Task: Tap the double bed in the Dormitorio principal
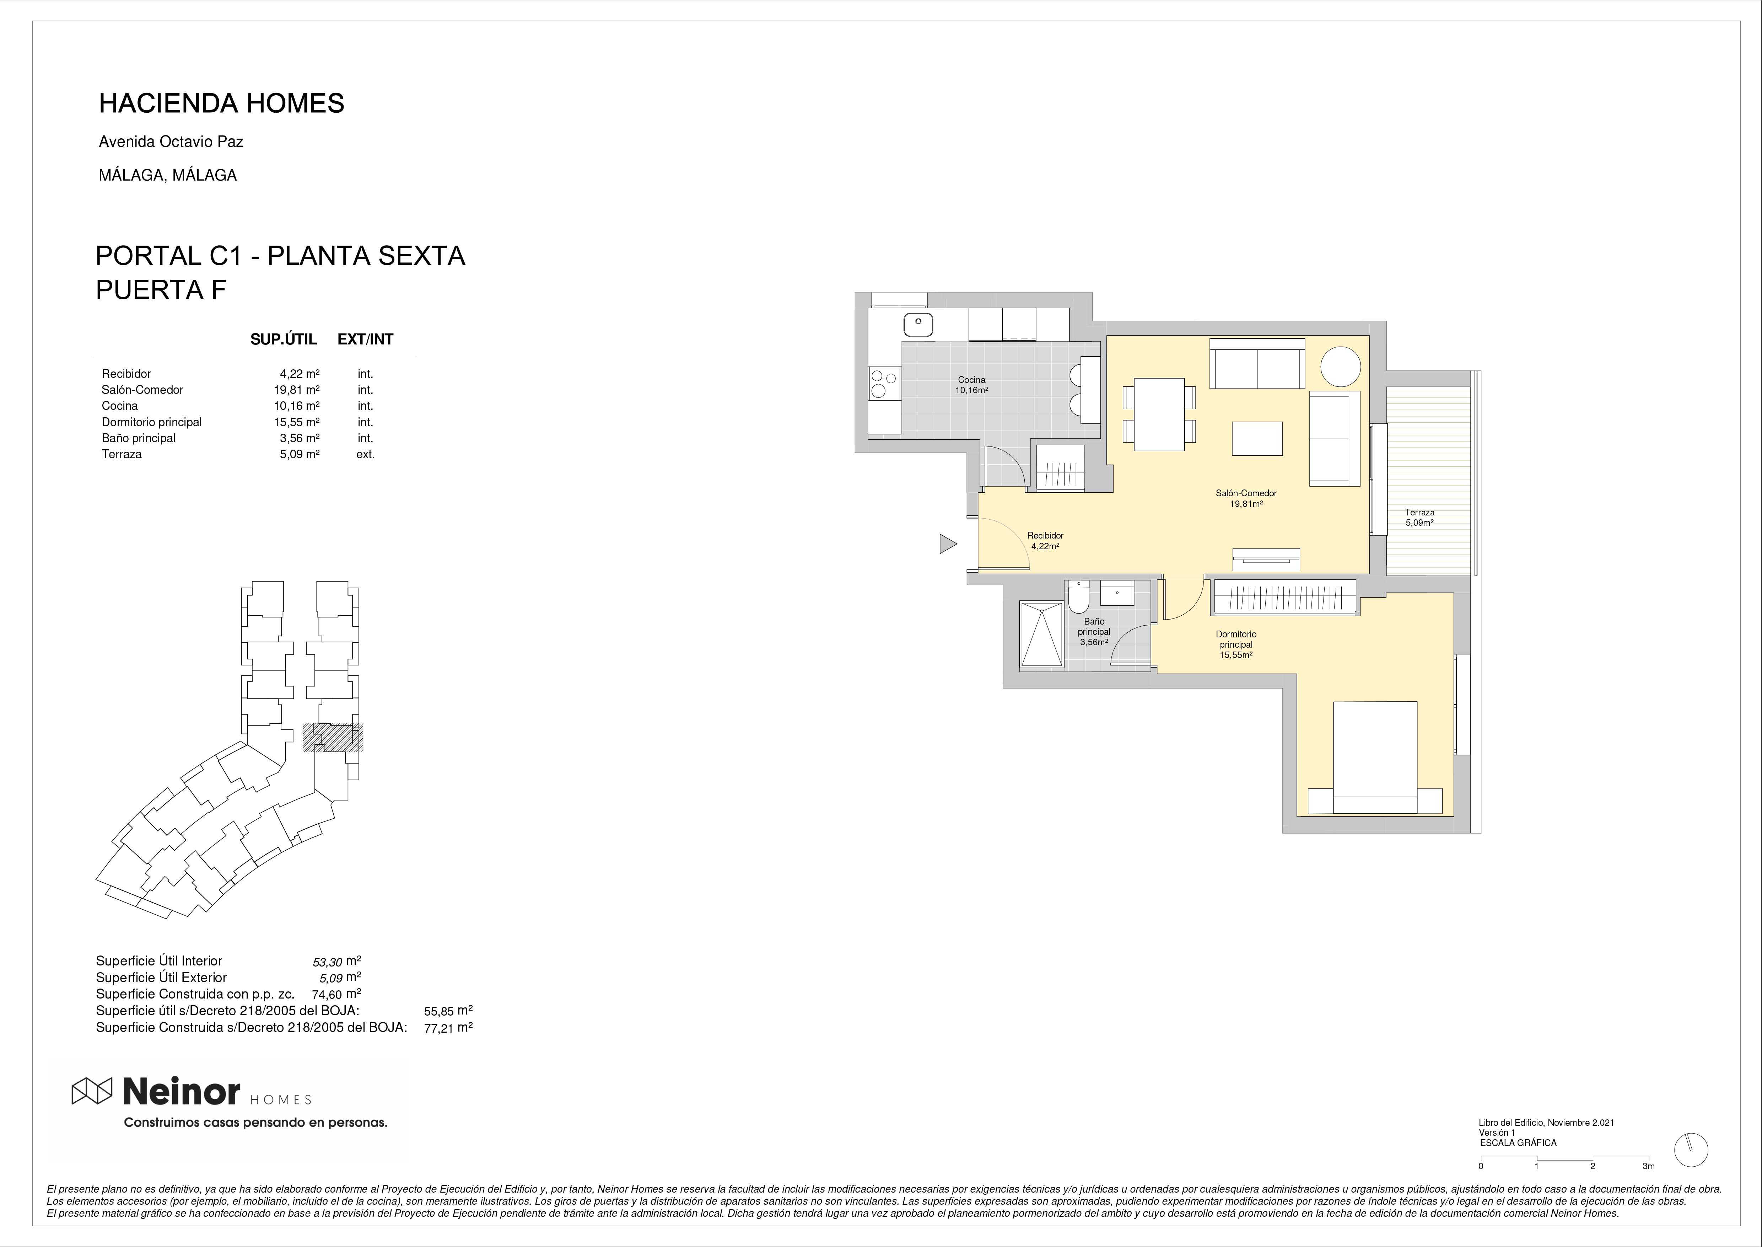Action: (x=1375, y=757)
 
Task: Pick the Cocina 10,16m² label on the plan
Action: (x=971, y=385)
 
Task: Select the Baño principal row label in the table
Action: (x=138, y=438)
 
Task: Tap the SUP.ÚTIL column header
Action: (x=283, y=339)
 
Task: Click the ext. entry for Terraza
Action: (x=365, y=454)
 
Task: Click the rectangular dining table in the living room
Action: (x=1159, y=414)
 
